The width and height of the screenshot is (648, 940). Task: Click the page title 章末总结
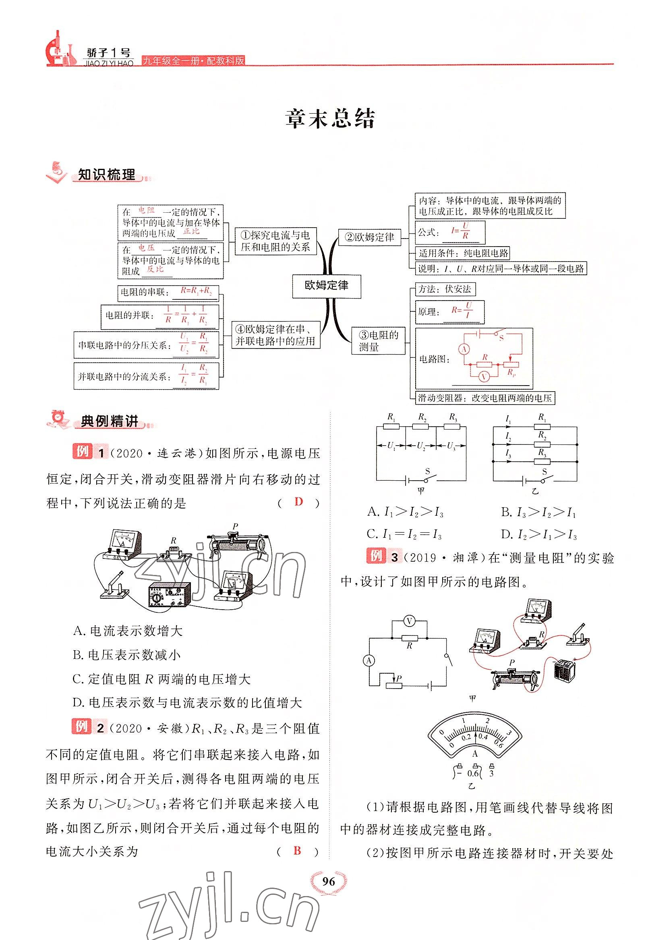point(330,118)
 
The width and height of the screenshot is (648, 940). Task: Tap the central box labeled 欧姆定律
point(327,286)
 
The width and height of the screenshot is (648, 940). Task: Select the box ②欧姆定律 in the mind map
point(369,237)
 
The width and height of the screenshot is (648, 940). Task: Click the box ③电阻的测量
point(378,341)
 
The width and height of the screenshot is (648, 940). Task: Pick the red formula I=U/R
point(461,231)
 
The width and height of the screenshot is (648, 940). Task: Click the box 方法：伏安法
point(445,289)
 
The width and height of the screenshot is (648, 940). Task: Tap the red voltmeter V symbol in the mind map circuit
point(483,377)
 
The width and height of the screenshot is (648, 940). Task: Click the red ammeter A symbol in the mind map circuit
point(464,349)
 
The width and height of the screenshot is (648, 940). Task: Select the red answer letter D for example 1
point(298,502)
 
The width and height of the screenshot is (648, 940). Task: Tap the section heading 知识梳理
point(106,175)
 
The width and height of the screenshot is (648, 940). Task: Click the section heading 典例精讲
point(109,422)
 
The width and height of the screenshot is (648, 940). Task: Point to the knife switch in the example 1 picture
point(115,585)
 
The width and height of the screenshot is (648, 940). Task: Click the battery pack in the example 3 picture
point(564,667)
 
